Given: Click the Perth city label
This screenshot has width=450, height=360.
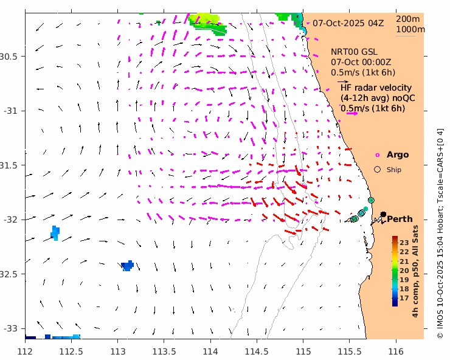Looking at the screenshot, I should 400,219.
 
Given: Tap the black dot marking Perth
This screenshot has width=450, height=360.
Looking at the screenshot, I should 383,214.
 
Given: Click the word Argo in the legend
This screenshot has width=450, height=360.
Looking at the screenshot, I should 398,155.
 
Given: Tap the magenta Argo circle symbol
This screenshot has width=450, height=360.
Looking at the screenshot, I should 377,155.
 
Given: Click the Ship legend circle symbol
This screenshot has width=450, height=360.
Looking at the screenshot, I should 377,170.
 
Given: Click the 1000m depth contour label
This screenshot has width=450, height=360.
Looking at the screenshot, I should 410,29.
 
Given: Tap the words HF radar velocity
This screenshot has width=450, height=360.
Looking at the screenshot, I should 376,88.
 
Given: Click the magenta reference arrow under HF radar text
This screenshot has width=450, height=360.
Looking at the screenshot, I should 350,114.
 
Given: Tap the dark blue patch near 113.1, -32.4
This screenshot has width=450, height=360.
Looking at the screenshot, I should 127,266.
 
